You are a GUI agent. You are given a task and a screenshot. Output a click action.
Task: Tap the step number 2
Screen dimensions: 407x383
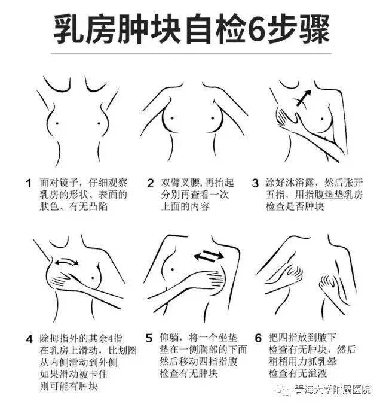click(150, 183)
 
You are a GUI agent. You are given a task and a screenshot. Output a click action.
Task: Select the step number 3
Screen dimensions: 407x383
click(255, 183)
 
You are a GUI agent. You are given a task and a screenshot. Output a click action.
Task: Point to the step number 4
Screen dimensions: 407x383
click(28, 339)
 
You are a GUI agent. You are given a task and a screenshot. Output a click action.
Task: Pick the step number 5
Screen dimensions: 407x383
click(150, 339)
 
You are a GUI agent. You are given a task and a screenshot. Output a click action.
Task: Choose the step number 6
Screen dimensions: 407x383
click(258, 339)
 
